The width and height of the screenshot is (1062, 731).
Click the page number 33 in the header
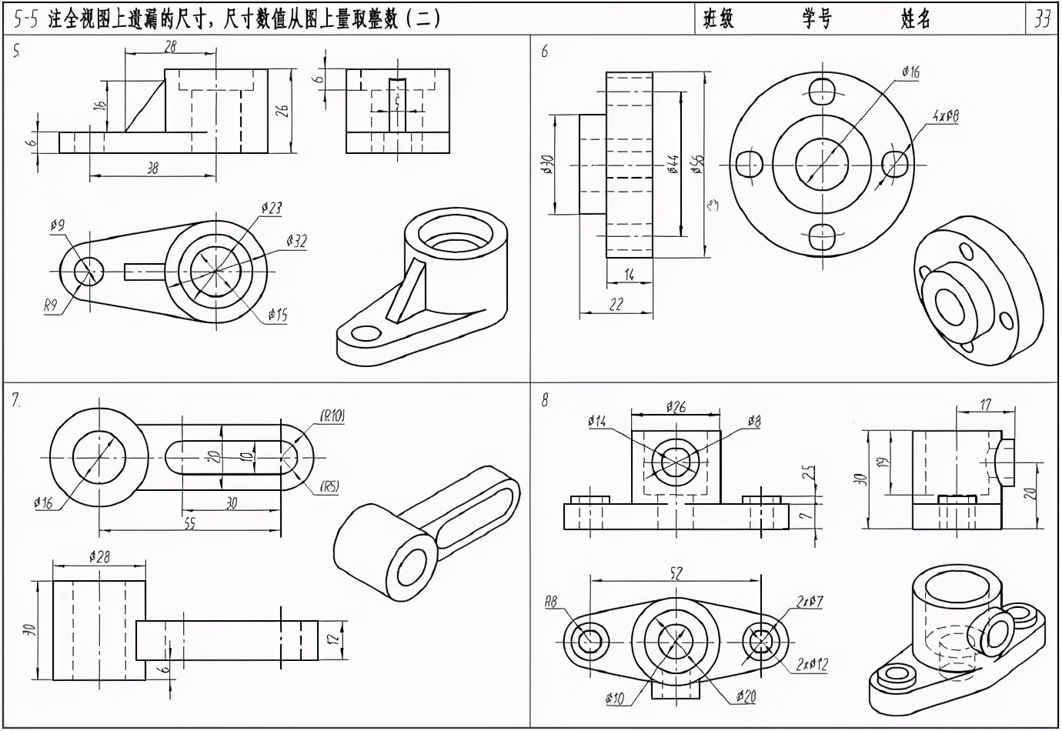click(x=1042, y=18)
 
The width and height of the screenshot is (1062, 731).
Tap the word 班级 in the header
click(x=719, y=18)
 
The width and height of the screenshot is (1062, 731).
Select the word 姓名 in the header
click(x=916, y=18)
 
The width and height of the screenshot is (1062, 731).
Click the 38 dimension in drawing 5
click(x=152, y=169)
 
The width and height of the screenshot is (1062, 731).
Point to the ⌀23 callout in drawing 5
click(x=272, y=208)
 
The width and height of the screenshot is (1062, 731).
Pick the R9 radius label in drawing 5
click(x=51, y=306)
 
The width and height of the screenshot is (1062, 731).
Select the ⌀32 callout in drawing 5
click(x=296, y=242)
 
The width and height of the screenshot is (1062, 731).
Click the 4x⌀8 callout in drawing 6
click(x=944, y=116)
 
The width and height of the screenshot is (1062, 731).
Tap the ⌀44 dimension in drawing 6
click(x=672, y=164)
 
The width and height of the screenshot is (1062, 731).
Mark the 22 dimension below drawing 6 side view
click(x=616, y=305)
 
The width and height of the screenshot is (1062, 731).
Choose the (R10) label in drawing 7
click(x=332, y=416)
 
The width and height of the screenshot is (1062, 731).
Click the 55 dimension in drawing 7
click(x=189, y=522)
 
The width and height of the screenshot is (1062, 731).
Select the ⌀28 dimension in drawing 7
click(x=99, y=556)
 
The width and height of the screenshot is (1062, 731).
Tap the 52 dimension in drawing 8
click(x=676, y=572)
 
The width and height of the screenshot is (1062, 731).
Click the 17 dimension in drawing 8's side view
click(x=986, y=403)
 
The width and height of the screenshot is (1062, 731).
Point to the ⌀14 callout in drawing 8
click(x=596, y=421)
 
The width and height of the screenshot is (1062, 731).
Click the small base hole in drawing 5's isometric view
click(x=366, y=333)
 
